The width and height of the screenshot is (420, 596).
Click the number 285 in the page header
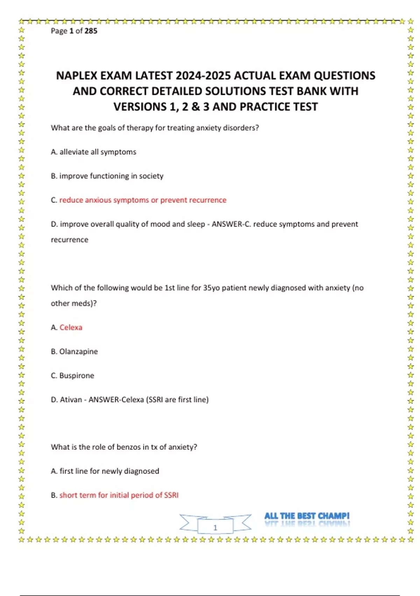(x=91, y=31)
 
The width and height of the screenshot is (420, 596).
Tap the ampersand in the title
(x=195, y=107)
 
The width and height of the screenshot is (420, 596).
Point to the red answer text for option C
(x=143, y=200)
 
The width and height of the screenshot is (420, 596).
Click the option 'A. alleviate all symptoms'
(x=93, y=152)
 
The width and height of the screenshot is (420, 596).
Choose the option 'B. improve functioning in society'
(x=107, y=176)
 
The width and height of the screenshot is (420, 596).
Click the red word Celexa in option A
(x=71, y=327)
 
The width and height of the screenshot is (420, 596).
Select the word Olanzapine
(x=78, y=352)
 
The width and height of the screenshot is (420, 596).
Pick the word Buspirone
(x=77, y=376)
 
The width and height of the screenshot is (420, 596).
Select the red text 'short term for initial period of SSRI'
(x=119, y=495)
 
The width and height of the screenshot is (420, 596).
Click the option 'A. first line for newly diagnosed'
(x=105, y=471)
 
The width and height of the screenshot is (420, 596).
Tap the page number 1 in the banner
(x=215, y=528)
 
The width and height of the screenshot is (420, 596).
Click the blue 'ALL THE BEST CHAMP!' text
(x=307, y=516)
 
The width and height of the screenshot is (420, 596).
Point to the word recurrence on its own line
(x=70, y=240)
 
